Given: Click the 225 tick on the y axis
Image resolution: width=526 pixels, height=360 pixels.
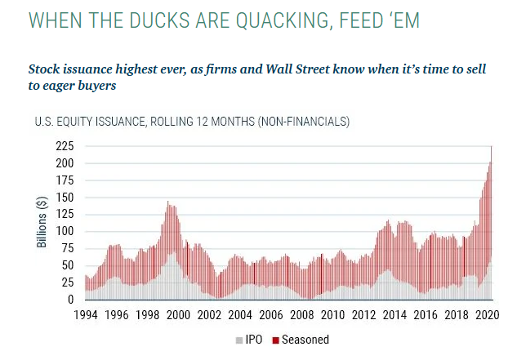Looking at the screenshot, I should (x=65, y=146).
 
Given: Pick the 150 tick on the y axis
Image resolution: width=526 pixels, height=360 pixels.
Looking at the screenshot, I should (x=65, y=198).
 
